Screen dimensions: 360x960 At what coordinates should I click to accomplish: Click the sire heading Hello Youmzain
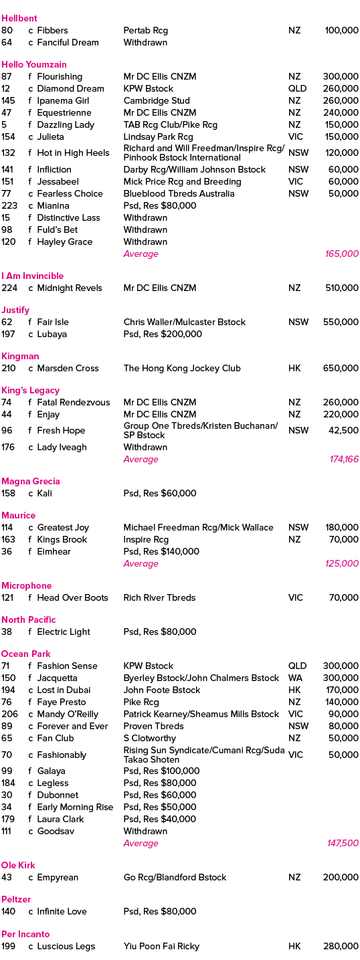tap(34, 65)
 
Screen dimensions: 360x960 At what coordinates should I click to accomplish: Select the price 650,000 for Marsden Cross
tap(341, 368)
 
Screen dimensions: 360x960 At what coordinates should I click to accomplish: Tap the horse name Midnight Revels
tap(70, 288)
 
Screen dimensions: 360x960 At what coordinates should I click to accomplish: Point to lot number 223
tap(9, 206)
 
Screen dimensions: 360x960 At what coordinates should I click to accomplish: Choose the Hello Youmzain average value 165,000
tap(341, 254)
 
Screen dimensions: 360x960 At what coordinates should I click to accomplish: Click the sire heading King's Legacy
tap(30, 391)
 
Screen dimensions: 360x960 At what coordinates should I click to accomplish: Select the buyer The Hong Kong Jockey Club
tap(182, 368)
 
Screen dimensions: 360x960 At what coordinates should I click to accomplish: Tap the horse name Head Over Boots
tap(72, 597)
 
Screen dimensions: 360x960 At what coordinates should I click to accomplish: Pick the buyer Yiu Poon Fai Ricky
tap(161, 946)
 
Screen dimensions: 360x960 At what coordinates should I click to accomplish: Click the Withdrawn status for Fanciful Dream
tap(145, 42)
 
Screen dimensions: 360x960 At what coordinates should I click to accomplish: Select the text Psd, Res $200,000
tap(163, 334)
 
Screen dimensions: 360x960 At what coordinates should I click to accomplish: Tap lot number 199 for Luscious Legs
tap(8, 946)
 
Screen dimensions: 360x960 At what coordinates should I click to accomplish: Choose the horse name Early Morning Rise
tap(75, 807)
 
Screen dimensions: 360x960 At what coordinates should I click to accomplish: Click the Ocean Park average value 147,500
tap(343, 843)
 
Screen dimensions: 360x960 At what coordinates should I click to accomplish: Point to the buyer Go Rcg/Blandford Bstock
tap(175, 877)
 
